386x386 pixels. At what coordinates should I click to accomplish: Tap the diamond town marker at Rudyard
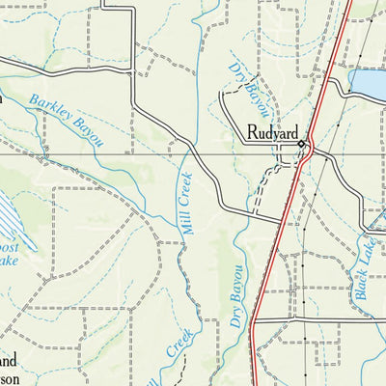point(301,145)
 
